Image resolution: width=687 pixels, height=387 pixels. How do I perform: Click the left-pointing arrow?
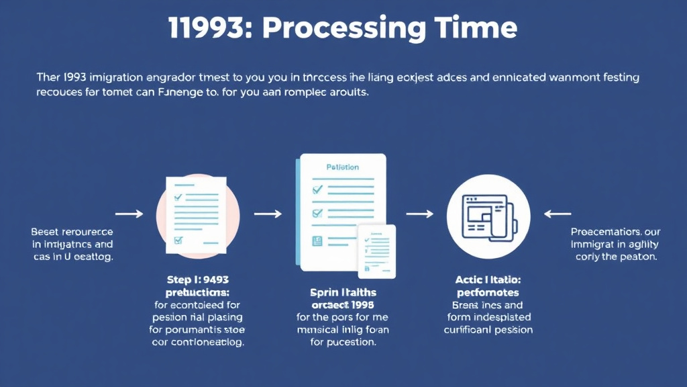[x=557, y=214]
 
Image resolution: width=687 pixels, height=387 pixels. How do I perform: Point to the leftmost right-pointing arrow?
[x=129, y=214]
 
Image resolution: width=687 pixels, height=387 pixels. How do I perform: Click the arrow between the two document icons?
[x=268, y=214]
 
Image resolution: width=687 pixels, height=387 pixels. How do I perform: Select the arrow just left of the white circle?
[x=420, y=214]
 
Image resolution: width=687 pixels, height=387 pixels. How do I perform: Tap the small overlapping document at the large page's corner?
[x=376, y=251]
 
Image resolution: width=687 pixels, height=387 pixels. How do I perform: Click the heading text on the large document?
[x=342, y=167]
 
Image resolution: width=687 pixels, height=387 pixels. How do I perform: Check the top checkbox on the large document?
[x=317, y=190]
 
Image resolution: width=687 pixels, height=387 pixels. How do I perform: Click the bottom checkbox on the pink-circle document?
[x=178, y=240]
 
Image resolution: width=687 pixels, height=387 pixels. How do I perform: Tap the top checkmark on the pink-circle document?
[x=178, y=198]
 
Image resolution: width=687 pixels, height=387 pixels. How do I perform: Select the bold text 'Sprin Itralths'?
[x=343, y=292]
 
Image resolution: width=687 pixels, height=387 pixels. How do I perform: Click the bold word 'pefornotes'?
[x=488, y=292]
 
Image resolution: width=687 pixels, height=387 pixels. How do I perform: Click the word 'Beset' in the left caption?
[x=46, y=231]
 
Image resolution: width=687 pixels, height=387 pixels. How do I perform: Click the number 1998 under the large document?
[x=361, y=304]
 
